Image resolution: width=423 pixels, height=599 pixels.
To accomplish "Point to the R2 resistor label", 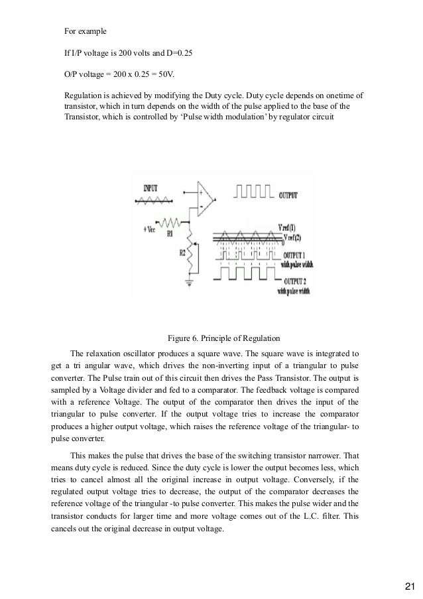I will [x=173, y=253].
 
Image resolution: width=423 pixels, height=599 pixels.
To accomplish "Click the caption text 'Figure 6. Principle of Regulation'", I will [x=226, y=333].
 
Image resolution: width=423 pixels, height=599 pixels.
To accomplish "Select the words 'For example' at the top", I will [x=85, y=31].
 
